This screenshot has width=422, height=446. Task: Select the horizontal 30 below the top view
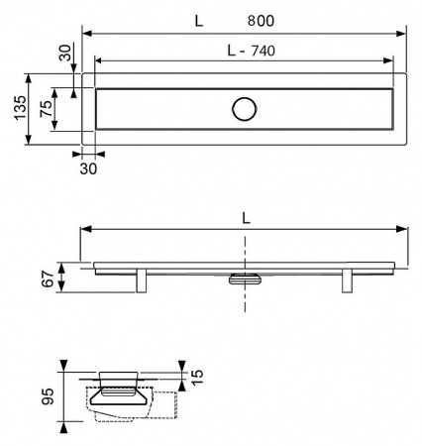coord(88,168)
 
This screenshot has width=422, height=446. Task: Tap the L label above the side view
coord(245,215)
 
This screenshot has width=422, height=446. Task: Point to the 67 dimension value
coord(47,278)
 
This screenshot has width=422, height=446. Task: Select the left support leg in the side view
coord(143,280)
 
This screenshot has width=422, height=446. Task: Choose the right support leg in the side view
coord(348,280)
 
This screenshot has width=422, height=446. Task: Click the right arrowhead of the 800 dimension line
coord(403,34)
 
